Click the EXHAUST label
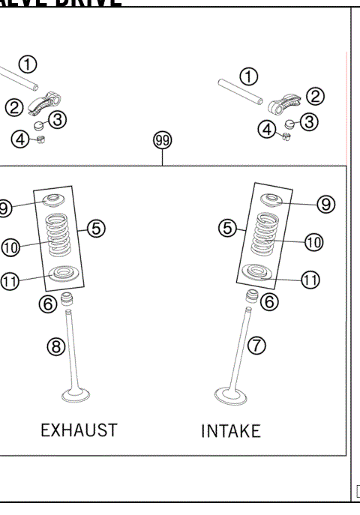click(79, 430)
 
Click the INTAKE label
click(231, 431)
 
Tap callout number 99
click(162, 140)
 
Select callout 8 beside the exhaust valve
click(57, 346)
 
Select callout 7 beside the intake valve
click(257, 345)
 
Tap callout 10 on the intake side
click(313, 241)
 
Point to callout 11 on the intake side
click(310, 280)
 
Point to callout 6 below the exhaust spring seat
click(47, 302)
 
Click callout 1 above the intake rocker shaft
click(248, 76)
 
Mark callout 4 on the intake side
click(267, 130)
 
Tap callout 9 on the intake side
click(325, 203)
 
